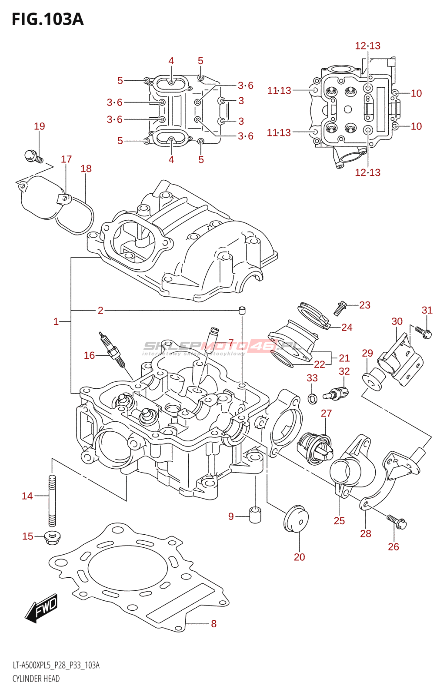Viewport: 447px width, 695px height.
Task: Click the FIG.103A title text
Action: click(47, 20)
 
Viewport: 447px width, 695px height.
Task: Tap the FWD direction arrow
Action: click(42, 607)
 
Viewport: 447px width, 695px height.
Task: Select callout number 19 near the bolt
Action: click(40, 126)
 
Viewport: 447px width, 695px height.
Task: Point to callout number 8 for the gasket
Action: click(213, 624)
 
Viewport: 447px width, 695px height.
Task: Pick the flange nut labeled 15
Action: click(52, 537)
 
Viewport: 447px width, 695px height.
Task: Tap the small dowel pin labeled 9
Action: click(255, 515)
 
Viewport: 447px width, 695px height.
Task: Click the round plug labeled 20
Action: click(296, 519)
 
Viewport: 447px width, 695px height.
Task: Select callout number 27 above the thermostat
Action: click(326, 414)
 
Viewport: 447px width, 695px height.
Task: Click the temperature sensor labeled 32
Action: click(337, 393)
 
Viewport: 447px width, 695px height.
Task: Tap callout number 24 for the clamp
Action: click(347, 328)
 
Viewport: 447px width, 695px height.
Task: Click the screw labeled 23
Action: click(340, 308)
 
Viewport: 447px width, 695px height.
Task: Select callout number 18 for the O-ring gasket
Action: click(86, 169)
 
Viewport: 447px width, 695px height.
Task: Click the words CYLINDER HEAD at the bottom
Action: click(36, 678)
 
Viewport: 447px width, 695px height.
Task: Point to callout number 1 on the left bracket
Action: click(56, 321)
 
